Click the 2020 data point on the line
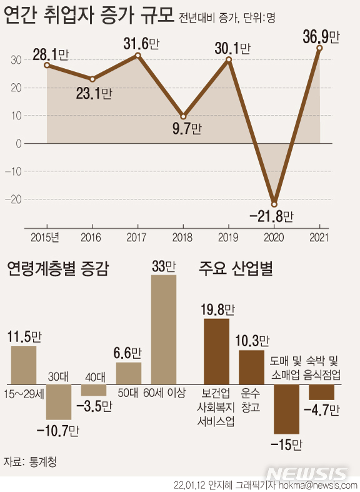274,204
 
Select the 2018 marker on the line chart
183,116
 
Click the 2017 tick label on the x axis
137,238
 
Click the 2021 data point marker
319,48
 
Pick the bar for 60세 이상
164,329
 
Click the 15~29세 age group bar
24,364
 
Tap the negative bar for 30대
59,401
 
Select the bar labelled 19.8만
217,351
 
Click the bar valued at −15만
287,409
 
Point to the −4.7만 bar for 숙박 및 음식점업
321,392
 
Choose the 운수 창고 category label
251,399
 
